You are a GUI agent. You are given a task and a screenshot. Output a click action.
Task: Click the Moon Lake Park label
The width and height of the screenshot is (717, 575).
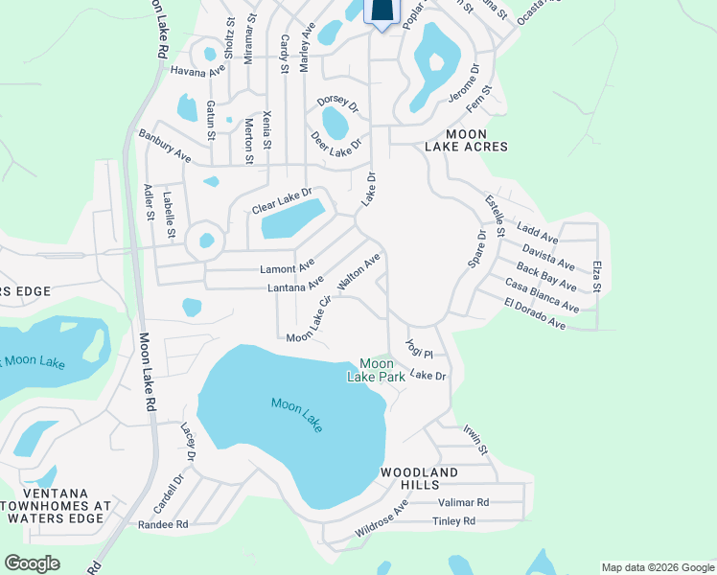(x=377, y=370)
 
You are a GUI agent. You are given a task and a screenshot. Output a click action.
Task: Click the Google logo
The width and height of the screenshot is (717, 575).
(x=32, y=563)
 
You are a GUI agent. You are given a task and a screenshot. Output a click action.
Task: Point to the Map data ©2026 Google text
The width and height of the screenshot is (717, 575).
(x=657, y=567)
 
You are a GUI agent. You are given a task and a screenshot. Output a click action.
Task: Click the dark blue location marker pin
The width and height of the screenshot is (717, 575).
(x=382, y=11)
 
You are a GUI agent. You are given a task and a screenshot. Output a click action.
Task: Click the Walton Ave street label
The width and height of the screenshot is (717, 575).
(x=359, y=272)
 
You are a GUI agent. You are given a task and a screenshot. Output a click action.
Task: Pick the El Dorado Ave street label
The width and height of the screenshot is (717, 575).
(x=535, y=315)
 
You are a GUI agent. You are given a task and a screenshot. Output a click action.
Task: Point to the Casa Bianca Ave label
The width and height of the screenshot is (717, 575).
(x=542, y=295)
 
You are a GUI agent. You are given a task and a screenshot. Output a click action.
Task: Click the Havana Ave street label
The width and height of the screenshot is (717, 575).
(x=197, y=71)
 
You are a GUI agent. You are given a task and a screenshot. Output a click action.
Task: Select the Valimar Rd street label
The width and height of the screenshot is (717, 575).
(x=463, y=502)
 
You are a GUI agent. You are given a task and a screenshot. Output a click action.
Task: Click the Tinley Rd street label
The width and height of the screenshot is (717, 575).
(x=453, y=521)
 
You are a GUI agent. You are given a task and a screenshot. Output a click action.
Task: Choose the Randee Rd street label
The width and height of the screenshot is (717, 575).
(x=163, y=524)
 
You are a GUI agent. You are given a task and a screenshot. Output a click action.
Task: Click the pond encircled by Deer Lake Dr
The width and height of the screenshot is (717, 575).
(x=335, y=123)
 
